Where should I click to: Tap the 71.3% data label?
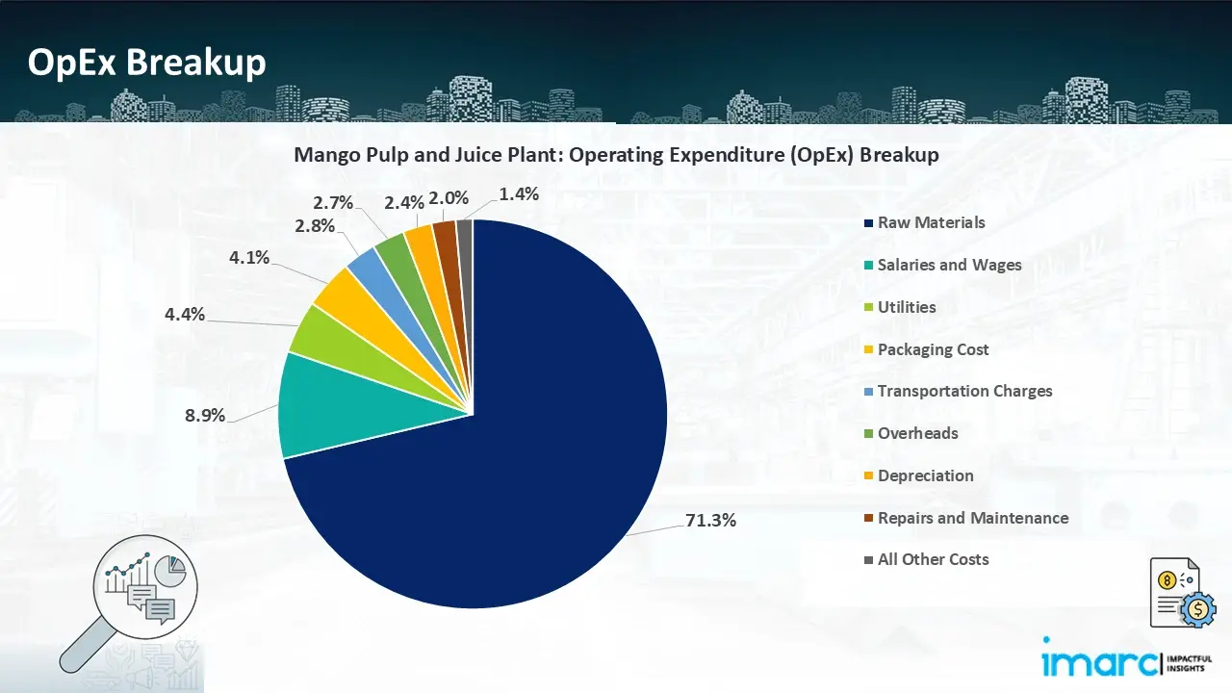(711, 520)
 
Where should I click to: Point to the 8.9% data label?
(204, 416)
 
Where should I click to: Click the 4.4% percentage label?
(184, 314)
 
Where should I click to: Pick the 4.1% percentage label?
(248, 257)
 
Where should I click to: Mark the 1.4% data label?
(519, 193)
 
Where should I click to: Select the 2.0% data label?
(449, 197)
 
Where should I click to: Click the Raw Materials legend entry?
(931, 222)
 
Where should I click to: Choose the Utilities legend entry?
(906, 307)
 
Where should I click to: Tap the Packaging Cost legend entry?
(933, 349)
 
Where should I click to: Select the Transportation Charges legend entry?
(964, 391)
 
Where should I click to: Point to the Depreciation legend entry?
(925, 475)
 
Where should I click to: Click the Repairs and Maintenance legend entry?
(972, 518)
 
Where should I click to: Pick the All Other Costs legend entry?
(933, 559)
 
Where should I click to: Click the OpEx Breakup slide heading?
(146, 63)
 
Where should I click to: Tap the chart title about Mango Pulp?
(616, 155)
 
